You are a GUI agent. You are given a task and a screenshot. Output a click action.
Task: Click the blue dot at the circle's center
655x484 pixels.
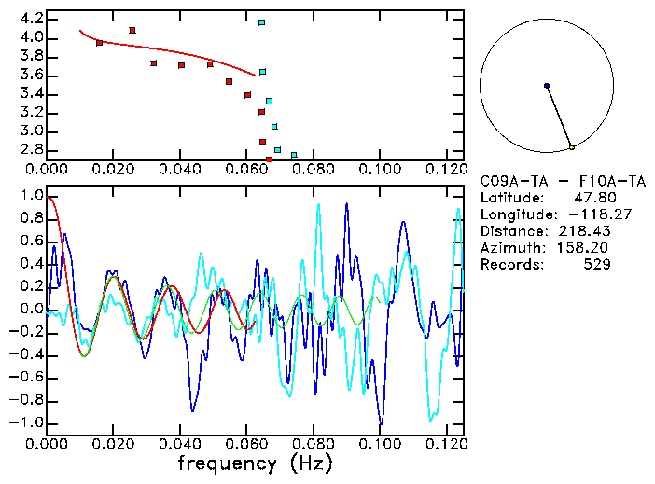[x=547, y=86]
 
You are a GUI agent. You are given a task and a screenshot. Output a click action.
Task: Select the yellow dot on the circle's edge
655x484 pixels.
[x=572, y=147]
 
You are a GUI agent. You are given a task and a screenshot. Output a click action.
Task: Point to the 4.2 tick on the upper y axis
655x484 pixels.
[x=30, y=19]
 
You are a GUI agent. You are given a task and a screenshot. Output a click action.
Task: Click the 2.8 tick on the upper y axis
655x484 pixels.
[x=30, y=149]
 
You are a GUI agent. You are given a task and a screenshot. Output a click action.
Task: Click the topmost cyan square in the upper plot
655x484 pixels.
[x=262, y=22]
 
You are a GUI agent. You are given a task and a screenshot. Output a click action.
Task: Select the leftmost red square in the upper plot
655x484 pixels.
[x=100, y=43]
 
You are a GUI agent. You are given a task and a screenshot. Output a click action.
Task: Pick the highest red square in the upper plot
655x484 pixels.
[x=132, y=30]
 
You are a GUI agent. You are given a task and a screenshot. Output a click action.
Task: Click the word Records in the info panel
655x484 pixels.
[x=509, y=265]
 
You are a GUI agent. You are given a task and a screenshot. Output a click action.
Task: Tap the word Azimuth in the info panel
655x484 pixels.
[x=509, y=248]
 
